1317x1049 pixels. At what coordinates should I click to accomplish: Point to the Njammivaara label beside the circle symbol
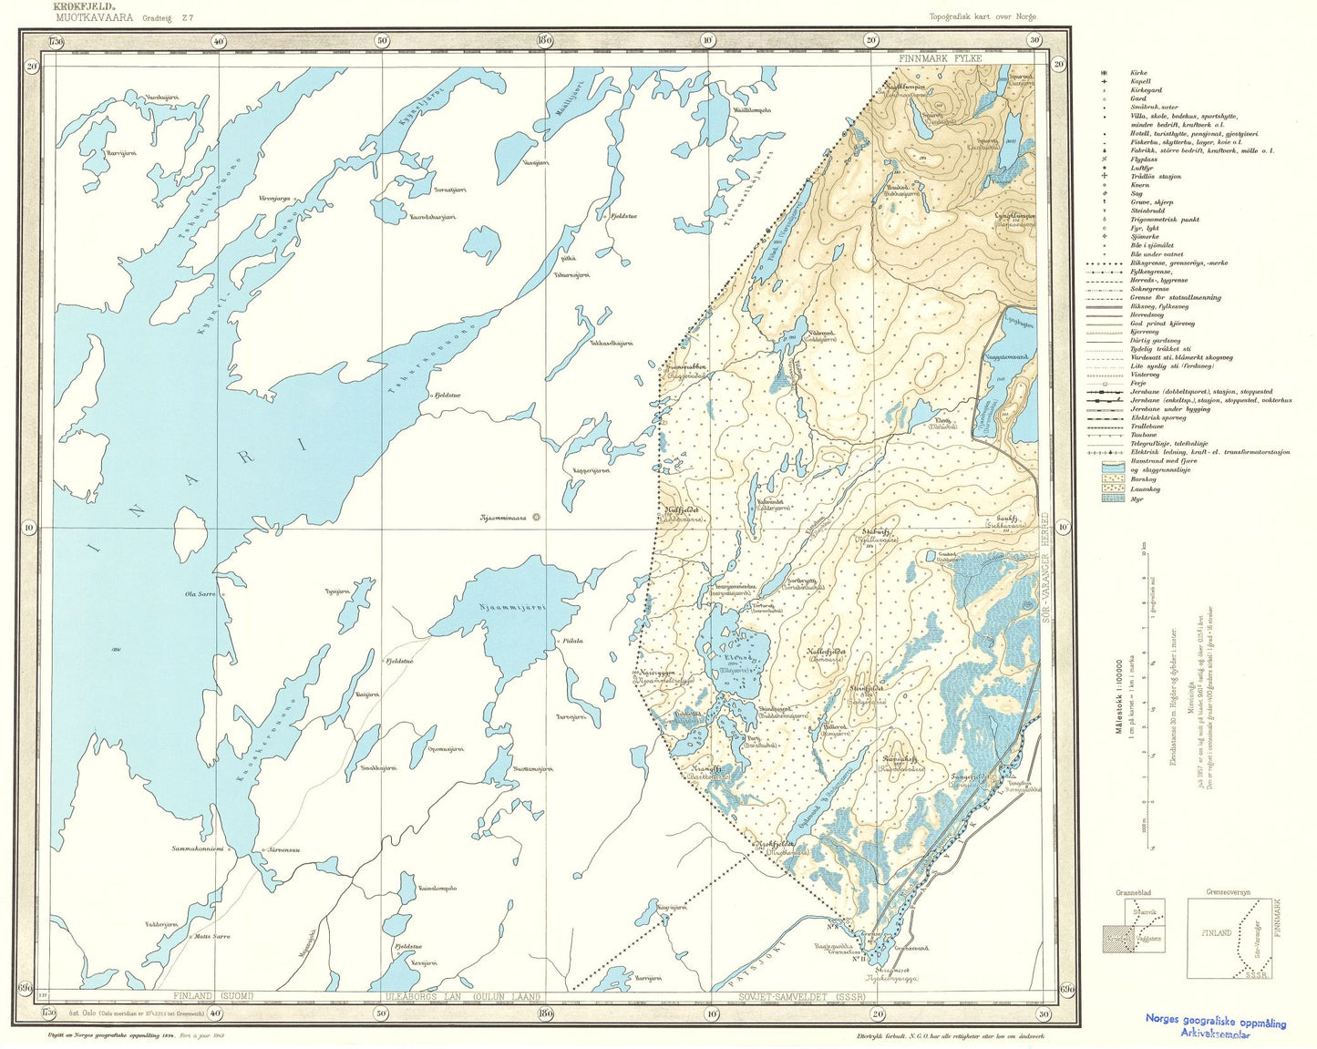tap(504, 518)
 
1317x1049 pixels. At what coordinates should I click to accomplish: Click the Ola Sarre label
tap(200, 594)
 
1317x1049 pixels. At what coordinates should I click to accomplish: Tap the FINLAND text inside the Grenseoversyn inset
tap(1217, 933)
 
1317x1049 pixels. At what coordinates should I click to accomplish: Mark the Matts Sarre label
tap(210, 936)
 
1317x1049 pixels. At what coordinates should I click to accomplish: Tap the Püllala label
tap(573, 641)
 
